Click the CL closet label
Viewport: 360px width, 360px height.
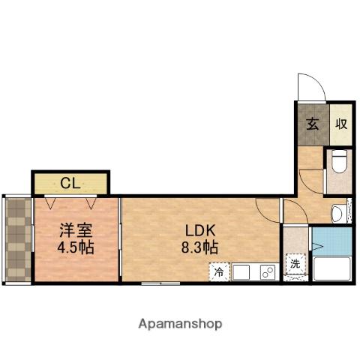coord(70,182)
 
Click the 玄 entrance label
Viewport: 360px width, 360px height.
coord(311,124)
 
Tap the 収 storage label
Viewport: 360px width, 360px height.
coord(341,124)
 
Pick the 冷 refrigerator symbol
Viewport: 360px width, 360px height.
coord(219,271)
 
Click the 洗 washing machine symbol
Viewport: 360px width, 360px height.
coord(295,264)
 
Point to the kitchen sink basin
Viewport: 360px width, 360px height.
coord(243,271)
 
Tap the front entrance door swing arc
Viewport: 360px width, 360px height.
coord(309,86)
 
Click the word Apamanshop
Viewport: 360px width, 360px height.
coord(180,324)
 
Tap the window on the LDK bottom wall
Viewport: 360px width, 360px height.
coord(160,283)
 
